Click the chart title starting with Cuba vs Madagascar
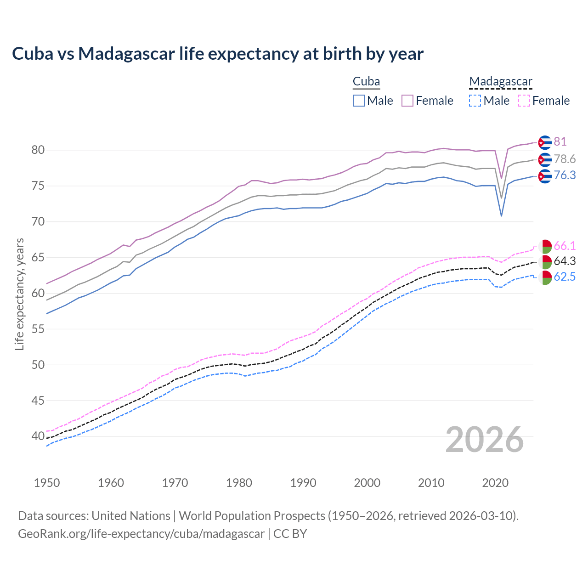pyautogui.click(x=217, y=54)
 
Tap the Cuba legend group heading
pyautogui.click(x=366, y=82)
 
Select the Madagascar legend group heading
pyautogui.click(x=500, y=82)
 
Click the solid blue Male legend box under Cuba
pyautogui.click(x=359, y=101)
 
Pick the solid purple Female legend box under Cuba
pyautogui.click(x=407, y=101)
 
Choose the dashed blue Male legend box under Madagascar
pyautogui.click(x=475, y=101)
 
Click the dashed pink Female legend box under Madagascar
pyautogui.click(x=524, y=101)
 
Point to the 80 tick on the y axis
pyautogui.click(x=38, y=150)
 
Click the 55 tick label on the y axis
pyautogui.click(x=38, y=329)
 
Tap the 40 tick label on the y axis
pyautogui.click(x=38, y=436)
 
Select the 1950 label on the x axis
pyautogui.click(x=47, y=483)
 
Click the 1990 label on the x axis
pyautogui.click(x=303, y=483)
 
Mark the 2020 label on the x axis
pyautogui.click(x=495, y=483)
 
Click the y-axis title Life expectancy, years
pyautogui.click(x=19, y=294)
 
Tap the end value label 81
pyautogui.click(x=560, y=141)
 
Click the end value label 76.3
pyautogui.click(x=565, y=175)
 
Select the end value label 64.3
pyautogui.click(x=565, y=261)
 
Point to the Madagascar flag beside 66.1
pyautogui.click(x=545, y=247)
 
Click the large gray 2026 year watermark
pyautogui.click(x=484, y=440)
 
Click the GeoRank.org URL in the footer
pyautogui.click(x=141, y=534)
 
